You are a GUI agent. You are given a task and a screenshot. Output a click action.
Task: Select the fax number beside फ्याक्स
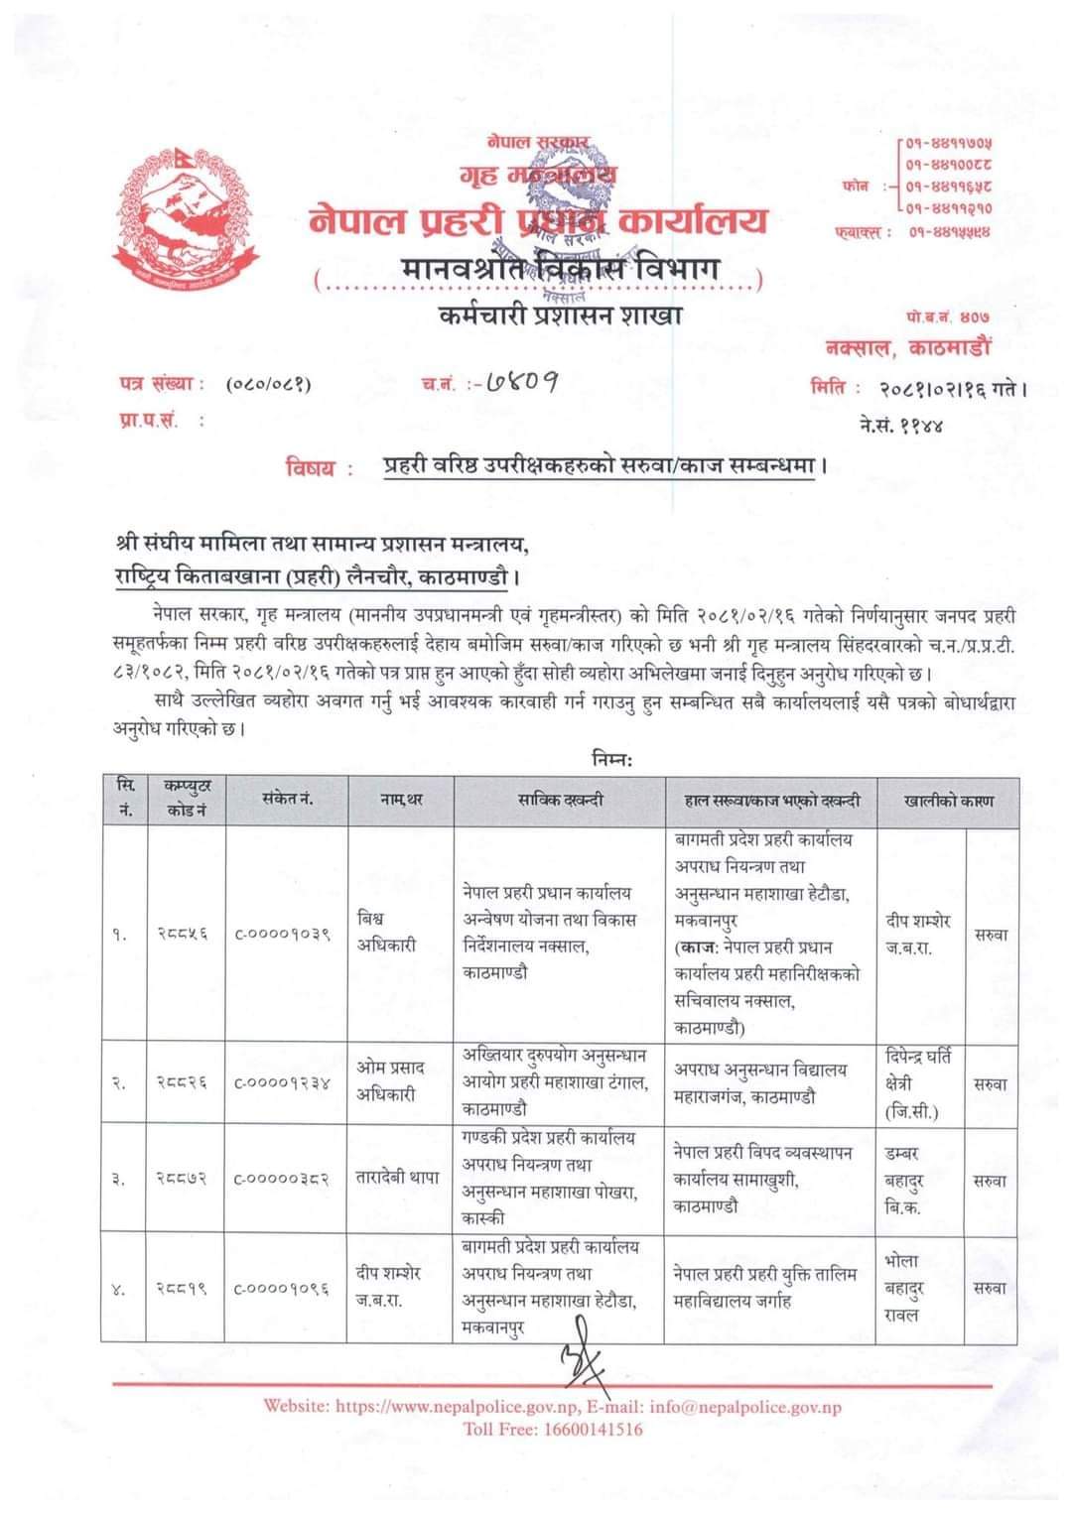(x=948, y=232)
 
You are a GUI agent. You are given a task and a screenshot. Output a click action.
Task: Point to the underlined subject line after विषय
(x=603, y=465)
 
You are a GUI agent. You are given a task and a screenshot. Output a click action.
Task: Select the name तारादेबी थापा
(x=397, y=1179)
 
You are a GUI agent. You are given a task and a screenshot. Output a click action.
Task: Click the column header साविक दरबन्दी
(x=560, y=800)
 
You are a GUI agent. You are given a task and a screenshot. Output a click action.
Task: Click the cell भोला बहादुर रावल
(x=902, y=1288)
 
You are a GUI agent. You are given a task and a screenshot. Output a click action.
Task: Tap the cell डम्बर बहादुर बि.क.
(x=903, y=1181)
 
